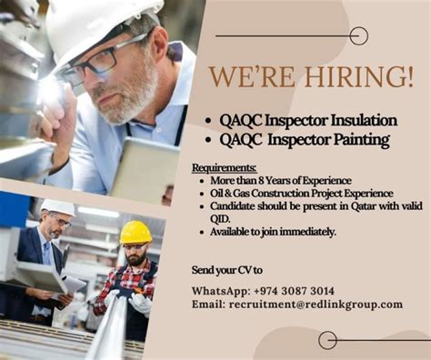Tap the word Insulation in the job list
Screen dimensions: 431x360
[x=364, y=120]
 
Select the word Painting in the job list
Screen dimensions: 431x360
[x=361, y=140]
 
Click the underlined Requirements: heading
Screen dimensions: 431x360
[x=225, y=167]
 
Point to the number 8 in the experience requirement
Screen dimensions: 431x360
[x=261, y=181]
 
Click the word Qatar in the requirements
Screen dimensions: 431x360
[x=364, y=206]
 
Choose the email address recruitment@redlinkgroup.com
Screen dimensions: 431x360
[x=316, y=305]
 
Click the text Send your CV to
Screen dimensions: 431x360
[x=227, y=270]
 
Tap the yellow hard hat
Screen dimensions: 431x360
[x=135, y=232]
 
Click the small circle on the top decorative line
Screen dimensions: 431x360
[x=359, y=36]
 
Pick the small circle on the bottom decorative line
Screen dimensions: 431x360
[x=327, y=340]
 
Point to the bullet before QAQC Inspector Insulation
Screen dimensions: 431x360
[x=207, y=121]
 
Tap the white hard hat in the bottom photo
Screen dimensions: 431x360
[x=58, y=206]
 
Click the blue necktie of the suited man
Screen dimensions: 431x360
[x=47, y=254]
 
